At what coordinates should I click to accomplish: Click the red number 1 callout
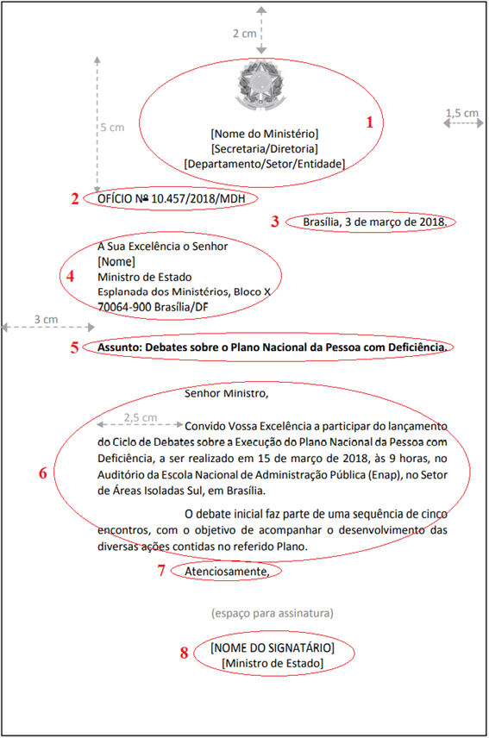tap(371, 122)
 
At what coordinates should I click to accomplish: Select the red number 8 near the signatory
tap(184, 653)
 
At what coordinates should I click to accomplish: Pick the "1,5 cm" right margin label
tap(461, 113)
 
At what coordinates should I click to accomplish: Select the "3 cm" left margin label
tap(47, 319)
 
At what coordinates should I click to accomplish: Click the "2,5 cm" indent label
tap(141, 417)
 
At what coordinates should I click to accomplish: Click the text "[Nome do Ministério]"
tap(264, 134)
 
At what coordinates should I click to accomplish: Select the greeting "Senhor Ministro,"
tap(227, 394)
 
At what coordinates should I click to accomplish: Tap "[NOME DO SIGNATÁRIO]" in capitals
tap(272, 647)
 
